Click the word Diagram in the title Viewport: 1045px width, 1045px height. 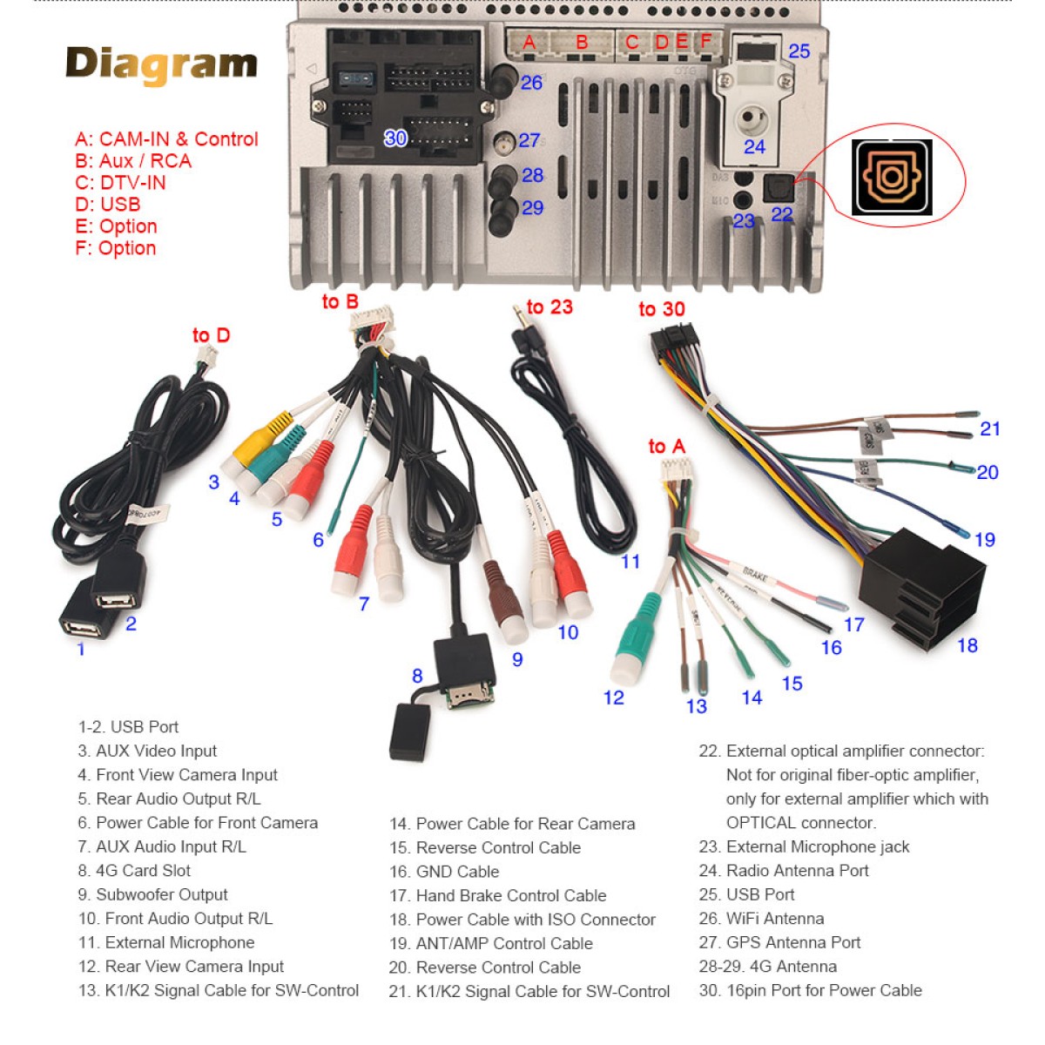(162, 64)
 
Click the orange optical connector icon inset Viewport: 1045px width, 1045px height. (891, 177)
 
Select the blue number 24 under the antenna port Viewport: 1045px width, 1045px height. (754, 147)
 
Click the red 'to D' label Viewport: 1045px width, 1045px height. (211, 335)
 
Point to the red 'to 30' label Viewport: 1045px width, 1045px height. (661, 309)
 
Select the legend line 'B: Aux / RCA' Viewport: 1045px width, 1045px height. (133, 161)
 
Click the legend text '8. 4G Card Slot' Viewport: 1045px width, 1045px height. (134, 870)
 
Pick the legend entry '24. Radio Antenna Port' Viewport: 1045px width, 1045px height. (784, 870)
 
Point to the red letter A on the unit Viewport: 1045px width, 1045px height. (529, 42)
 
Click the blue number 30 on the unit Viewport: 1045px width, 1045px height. (395, 138)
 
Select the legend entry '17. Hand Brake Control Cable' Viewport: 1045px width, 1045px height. (498, 895)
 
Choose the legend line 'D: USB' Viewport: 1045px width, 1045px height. (108, 205)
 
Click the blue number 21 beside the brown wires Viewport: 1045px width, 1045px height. (990, 428)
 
